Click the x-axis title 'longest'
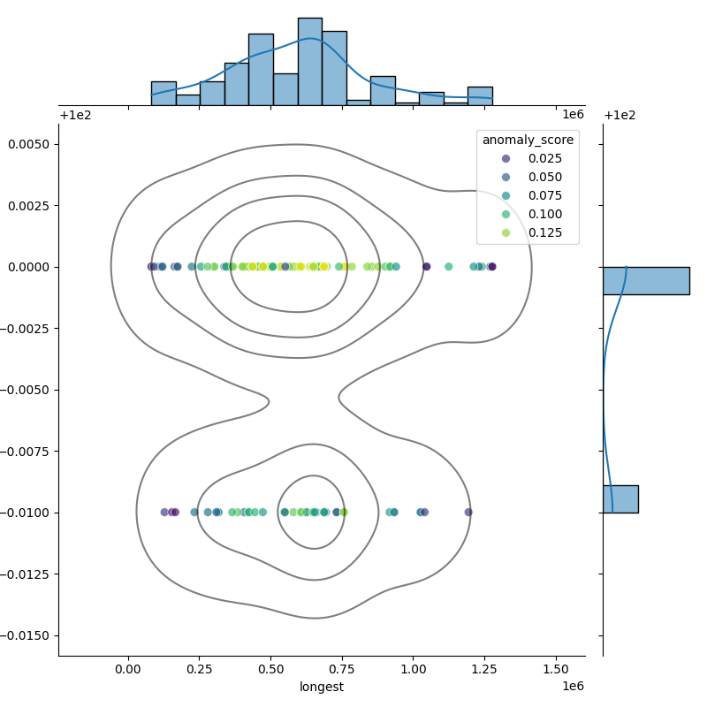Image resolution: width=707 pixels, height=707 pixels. [322, 687]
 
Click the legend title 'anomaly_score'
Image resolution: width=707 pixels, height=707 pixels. [528, 140]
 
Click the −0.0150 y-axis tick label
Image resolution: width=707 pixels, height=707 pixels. [27, 635]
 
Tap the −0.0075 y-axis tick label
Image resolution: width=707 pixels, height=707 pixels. [27, 452]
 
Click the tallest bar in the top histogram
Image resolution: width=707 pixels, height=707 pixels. [309, 62]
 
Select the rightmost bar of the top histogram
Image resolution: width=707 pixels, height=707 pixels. [480, 96]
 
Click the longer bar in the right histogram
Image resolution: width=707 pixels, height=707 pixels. [646, 280]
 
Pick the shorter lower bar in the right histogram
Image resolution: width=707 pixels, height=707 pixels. [620, 498]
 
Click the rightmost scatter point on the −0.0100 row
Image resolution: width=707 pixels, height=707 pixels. [468, 512]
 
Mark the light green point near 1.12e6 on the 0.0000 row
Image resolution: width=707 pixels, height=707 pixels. [448, 266]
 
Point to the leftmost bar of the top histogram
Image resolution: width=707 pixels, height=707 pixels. [163, 94]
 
